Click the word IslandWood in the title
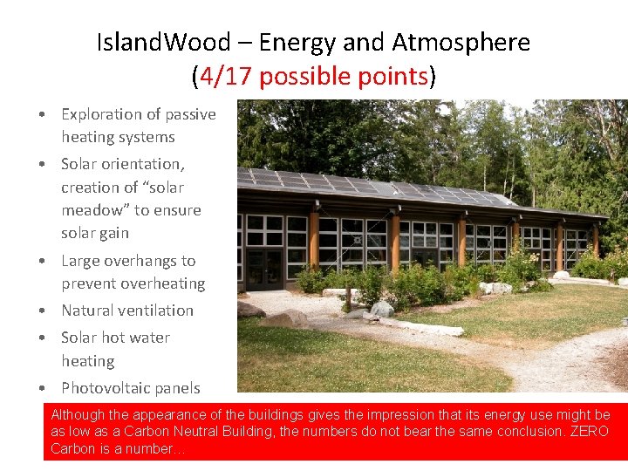[x=164, y=42]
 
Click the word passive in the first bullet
[x=191, y=114]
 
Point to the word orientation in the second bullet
[x=142, y=164]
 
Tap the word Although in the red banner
[x=78, y=415]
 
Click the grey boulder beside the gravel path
[x=381, y=309]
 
